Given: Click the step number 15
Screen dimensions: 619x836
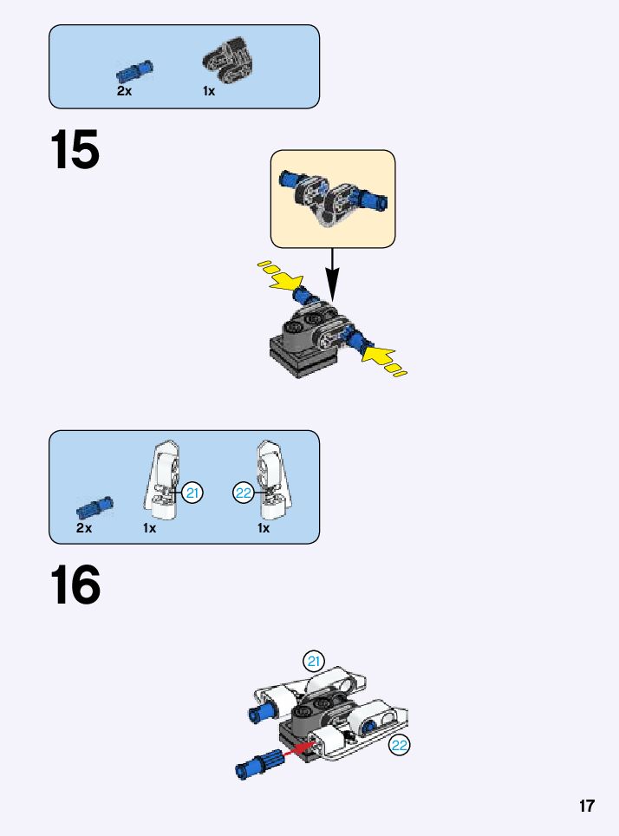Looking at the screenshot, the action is pyautogui.click(x=75, y=150).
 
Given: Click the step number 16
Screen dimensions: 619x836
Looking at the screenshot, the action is pyautogui.click(x=75, y=585).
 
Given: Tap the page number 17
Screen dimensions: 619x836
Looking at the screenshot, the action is pyautogui.click(x=586, y=806).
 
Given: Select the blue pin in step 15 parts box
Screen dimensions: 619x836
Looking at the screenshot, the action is pyautogui.click(x=134, y=72).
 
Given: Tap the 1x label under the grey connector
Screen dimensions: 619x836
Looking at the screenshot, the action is pyautogui.click(x=208, y=92).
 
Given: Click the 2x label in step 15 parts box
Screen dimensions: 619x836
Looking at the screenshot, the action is pyautogui.click(x=124, y=91).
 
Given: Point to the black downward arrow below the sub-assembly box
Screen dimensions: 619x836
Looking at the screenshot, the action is pyautogui.click(x=332, y=275).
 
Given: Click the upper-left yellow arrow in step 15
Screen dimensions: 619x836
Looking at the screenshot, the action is pyautogui.click(x=281, y=275).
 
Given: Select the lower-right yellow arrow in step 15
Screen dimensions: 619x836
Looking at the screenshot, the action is pyautogui.click(x=384, y=361).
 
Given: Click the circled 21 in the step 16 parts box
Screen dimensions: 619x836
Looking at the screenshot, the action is pyautogui.click(x=192, y=493).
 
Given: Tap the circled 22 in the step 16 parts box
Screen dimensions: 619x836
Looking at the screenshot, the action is pyautogui.click(x=243, y=493).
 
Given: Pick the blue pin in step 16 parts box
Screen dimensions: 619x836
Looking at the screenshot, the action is pyautogui.click(x=94, y=508).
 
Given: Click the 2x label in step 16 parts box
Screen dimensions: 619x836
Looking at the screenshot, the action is pyautogui.click(x=84, y=528).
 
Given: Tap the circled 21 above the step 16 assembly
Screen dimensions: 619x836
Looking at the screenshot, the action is pyautogui.click(x=314, y=662).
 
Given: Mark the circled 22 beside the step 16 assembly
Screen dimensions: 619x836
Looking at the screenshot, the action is pyautogui.click(x=399, y=745).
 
